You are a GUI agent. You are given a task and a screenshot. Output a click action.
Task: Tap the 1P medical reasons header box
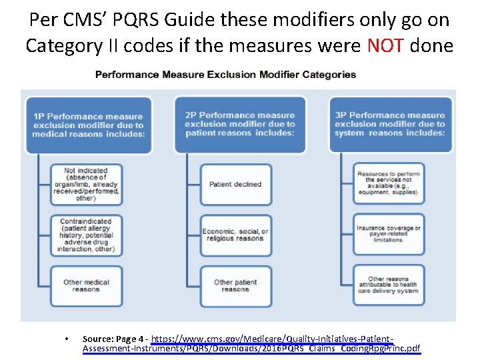point(88,125)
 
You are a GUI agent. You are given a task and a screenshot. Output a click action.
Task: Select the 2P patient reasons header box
point(240,124)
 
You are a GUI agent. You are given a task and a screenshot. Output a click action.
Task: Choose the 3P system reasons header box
point(390,124)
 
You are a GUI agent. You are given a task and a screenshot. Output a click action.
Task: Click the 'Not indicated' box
point(85,184)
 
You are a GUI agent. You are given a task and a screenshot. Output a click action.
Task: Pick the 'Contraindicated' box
point(85,235)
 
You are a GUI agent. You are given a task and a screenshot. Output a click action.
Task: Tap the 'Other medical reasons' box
point(85,285)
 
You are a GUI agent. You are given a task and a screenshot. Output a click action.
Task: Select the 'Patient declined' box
point(235,184)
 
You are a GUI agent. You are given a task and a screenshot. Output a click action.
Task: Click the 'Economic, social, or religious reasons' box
point(235,235)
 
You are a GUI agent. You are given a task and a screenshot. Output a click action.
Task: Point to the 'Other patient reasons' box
point(235,285)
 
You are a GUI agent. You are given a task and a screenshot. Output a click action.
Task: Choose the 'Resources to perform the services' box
point(388,183)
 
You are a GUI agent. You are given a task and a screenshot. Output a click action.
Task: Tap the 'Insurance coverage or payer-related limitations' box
point(388,234)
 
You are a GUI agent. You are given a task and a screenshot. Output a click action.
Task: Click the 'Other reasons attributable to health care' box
point(388,285)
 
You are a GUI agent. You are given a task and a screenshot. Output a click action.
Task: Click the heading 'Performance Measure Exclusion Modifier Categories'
point(226,75)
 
